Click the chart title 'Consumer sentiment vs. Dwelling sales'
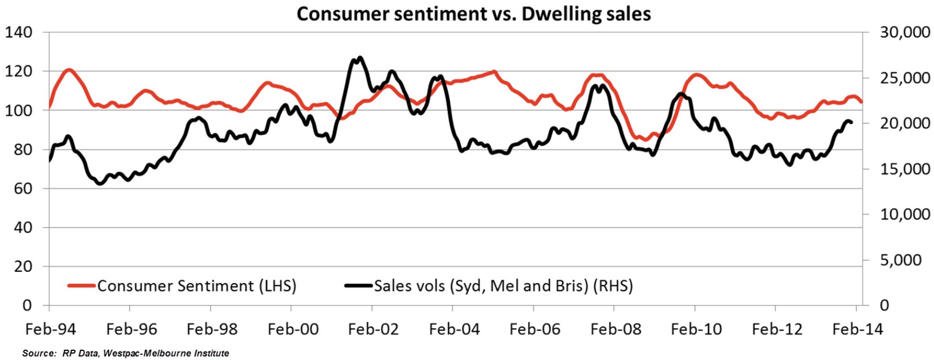coord(473,14)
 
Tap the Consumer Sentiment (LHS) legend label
coord(197,285)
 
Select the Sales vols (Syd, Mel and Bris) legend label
coord(503,285)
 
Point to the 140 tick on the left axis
coord(19,32)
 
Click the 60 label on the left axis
coord(23,189)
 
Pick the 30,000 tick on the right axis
coord(905,32)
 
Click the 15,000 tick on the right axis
coord(905,169)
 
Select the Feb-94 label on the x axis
coord(51,329)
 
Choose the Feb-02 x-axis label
coord(373,329)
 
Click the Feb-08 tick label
coord(616,329)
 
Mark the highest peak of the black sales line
coord(360,57)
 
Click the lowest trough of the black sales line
coord(99,184)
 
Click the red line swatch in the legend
coord(81,285)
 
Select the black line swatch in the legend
coord(358,285)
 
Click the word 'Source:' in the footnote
coord(39,354)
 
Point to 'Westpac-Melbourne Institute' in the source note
coord(166,354)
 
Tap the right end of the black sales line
coord(852,123)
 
